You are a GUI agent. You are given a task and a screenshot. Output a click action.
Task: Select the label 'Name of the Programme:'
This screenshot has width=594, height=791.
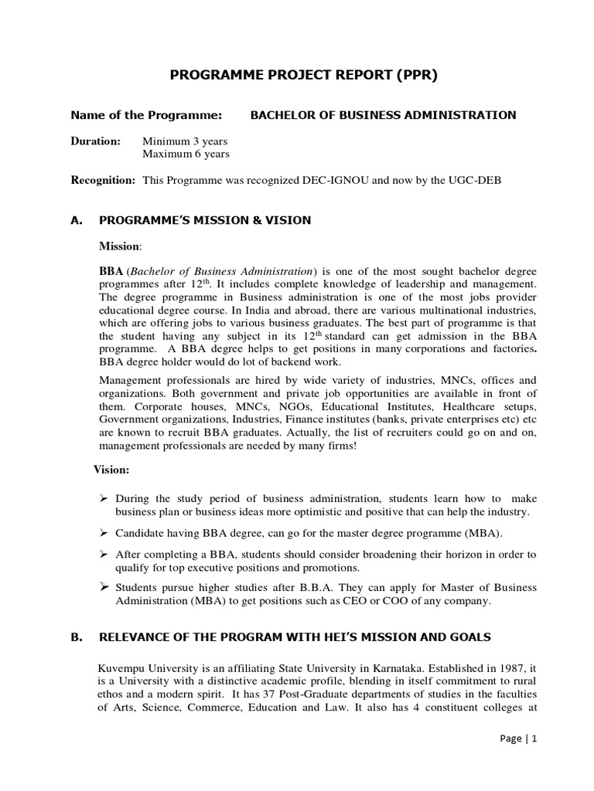click(146, 115)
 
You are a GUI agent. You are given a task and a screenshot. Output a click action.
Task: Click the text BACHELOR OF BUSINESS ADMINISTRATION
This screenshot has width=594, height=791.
click(383, 115)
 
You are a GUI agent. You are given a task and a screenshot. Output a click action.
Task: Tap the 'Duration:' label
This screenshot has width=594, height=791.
click(96, 141)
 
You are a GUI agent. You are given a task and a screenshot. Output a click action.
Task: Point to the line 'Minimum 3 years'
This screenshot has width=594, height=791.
click(185, 141)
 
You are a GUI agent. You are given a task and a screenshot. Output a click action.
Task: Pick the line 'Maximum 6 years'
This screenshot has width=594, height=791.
click(186, 154)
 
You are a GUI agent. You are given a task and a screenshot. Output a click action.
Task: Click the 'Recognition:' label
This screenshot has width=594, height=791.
click(103, 180)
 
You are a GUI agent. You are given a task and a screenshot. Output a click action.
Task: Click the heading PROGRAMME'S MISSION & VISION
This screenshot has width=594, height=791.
click(205, 220)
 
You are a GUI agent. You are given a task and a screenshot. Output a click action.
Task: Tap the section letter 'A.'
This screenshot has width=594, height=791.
click(76, 220)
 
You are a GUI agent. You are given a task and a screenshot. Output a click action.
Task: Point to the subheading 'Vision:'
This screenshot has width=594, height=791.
click(111, 469)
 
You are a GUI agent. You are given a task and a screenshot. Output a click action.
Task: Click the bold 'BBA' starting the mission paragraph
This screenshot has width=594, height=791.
click(111, 272)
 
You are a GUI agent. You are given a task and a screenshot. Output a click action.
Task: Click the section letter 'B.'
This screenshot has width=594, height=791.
click(76, 637)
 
